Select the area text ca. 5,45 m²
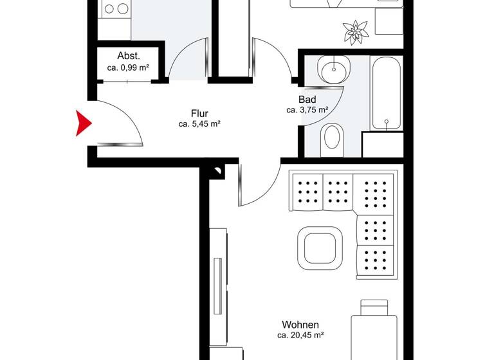(199, 124)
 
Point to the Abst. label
(129, 55)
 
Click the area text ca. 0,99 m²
(129, 67)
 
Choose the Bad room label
(307, 100)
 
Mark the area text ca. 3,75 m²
(307, 110)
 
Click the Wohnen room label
(300, 325)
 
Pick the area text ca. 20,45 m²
(300, 336)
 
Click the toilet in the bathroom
(333, 137)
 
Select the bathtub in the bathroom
(386, 93)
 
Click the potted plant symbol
(354, 31)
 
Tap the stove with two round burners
(116, 9)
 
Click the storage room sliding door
(129, 80)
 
